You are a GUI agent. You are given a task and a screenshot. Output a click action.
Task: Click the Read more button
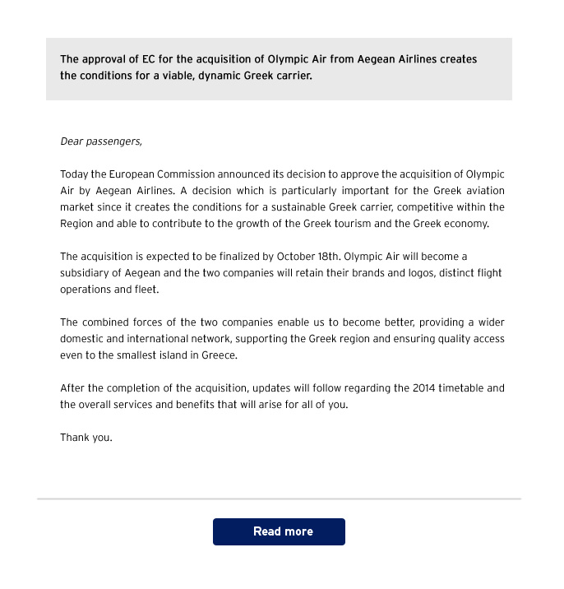click(279, 531)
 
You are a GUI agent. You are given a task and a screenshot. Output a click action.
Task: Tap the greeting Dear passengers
click(101, 141)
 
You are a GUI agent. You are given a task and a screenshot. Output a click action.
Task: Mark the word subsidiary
click(86, 273)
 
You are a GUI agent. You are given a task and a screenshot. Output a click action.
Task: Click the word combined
click(106, 322)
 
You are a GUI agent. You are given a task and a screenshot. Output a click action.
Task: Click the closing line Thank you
click(86, 438)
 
